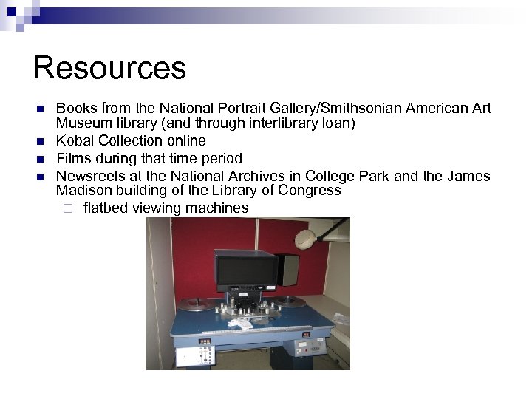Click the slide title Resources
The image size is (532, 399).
tap(109, 68)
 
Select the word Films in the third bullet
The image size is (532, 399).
tap(74, 158)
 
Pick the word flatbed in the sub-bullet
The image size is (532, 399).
tap(107, 208)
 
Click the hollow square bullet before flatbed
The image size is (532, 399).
tap(68, 208)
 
